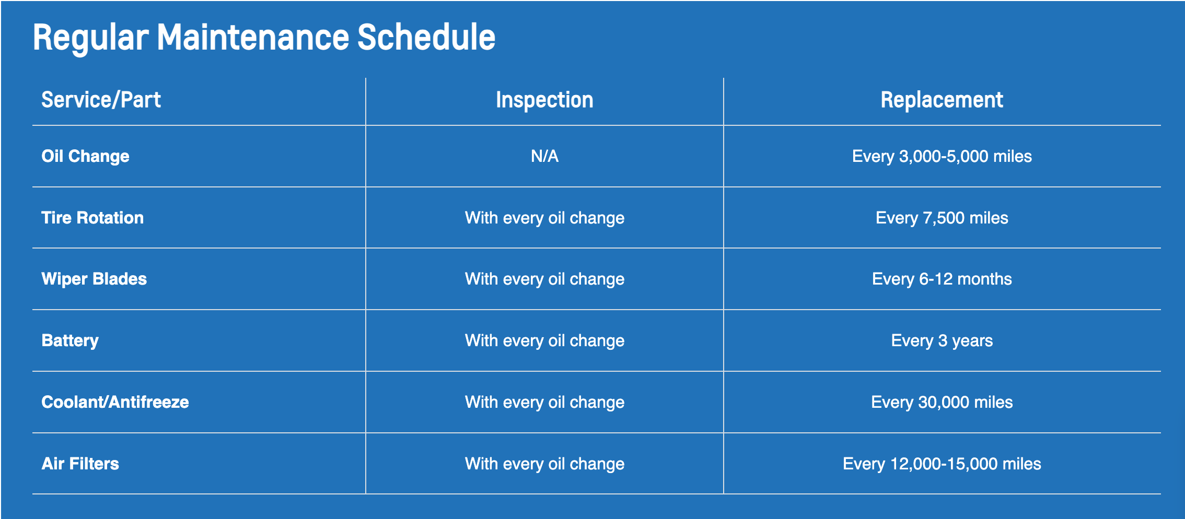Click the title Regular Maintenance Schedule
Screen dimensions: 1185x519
coord(264,38)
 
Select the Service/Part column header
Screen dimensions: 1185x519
coord(101,100)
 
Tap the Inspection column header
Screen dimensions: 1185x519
coord(544,100)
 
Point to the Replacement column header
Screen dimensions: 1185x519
coord(942,100)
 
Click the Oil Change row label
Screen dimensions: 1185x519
coord(85,157)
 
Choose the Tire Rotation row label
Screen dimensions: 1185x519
coord(92,218)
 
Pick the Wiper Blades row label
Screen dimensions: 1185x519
coord(94,279)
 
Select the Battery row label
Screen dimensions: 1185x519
coord(70,341)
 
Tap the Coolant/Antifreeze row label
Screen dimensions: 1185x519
coord(115,402)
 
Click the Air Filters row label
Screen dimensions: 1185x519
coord(80,464)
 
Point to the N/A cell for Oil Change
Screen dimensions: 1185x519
coord(544,156)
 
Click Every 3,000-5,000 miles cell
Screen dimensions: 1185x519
coord(942,157)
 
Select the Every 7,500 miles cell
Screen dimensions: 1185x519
coord(942,218)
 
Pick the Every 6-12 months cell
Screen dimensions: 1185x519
coord(942,279)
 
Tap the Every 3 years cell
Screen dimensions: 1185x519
coord(942,341)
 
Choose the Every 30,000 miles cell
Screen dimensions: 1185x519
coord(942,403)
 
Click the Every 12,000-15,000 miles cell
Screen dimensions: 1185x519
coord(942,464)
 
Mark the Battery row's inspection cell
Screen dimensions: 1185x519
coord(544,341)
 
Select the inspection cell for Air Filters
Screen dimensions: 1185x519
coord(544,464)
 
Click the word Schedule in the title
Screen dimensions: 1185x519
coord(426,38)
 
